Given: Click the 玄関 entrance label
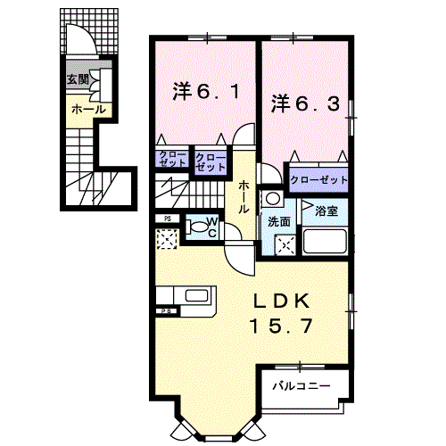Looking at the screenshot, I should pyautogui.click(x=76, y=78).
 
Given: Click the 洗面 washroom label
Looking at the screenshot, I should pyautogui.click(x=277, y=220).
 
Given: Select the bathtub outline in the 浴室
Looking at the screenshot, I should pyautogui.click(x=325, y=241).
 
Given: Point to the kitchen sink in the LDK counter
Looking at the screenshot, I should pyautogui.click(x=196, y=295).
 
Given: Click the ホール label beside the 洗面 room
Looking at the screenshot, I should pyautogui.click(x=243, y=197).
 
